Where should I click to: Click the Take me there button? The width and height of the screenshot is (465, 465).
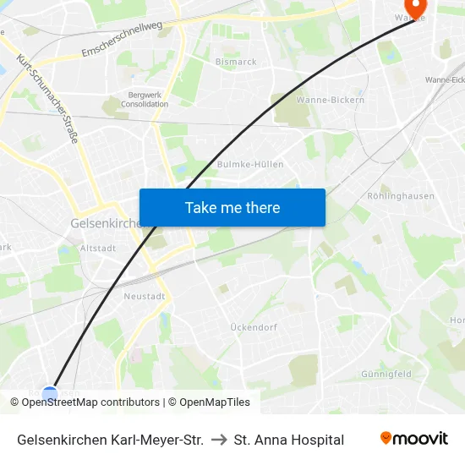pos(232,207)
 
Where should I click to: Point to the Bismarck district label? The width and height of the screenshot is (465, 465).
pos(236,62)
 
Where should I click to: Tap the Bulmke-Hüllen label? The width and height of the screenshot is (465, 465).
pos(250,164)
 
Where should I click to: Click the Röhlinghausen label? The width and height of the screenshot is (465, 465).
pos(401,196)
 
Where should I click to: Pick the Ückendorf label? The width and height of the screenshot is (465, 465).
pos(254,326)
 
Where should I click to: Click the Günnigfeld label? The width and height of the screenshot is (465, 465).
pos(386,373)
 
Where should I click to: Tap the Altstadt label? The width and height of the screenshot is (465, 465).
pos(97,249)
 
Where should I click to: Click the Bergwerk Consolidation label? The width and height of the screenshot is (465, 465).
pos(144,100)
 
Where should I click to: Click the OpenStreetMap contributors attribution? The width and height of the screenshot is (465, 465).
pos(90,402)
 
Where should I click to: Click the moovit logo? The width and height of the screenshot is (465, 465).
pos(414,438)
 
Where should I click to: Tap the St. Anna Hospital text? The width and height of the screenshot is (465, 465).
pos(289,440)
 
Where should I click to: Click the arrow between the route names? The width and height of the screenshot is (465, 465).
pos(219,440)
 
